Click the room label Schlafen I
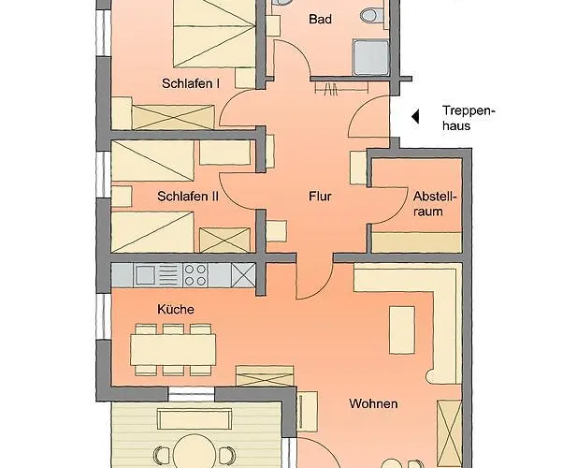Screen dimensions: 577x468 (x=191, y=83)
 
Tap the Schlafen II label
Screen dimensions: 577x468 (x=188, y=197)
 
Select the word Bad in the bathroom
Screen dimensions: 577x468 (x=320, y=19)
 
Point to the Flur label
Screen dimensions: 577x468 (x=320, y=197)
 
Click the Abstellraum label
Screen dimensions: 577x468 (x=434, y=204)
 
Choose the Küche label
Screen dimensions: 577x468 (x=176, y=309)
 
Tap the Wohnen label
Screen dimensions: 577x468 (x=373, y=404)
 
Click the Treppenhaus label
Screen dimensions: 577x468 (x=469, y=118)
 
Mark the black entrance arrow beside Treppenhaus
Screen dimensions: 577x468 (x=415, y=117)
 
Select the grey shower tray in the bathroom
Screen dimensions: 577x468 (x=370, y=58)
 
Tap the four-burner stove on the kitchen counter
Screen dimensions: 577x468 (x=195, y=275)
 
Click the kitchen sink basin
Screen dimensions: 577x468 (x=145, y=275)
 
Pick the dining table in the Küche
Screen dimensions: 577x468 (x=173, y=350)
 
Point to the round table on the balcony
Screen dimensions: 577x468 (x=195, y=452)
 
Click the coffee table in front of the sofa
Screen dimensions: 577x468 (x=402, y=329)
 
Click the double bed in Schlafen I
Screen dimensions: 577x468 (x=214, y=33)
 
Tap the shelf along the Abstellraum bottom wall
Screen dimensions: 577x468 (x=416, y=242)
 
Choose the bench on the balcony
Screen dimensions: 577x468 (x=195, y=419)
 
